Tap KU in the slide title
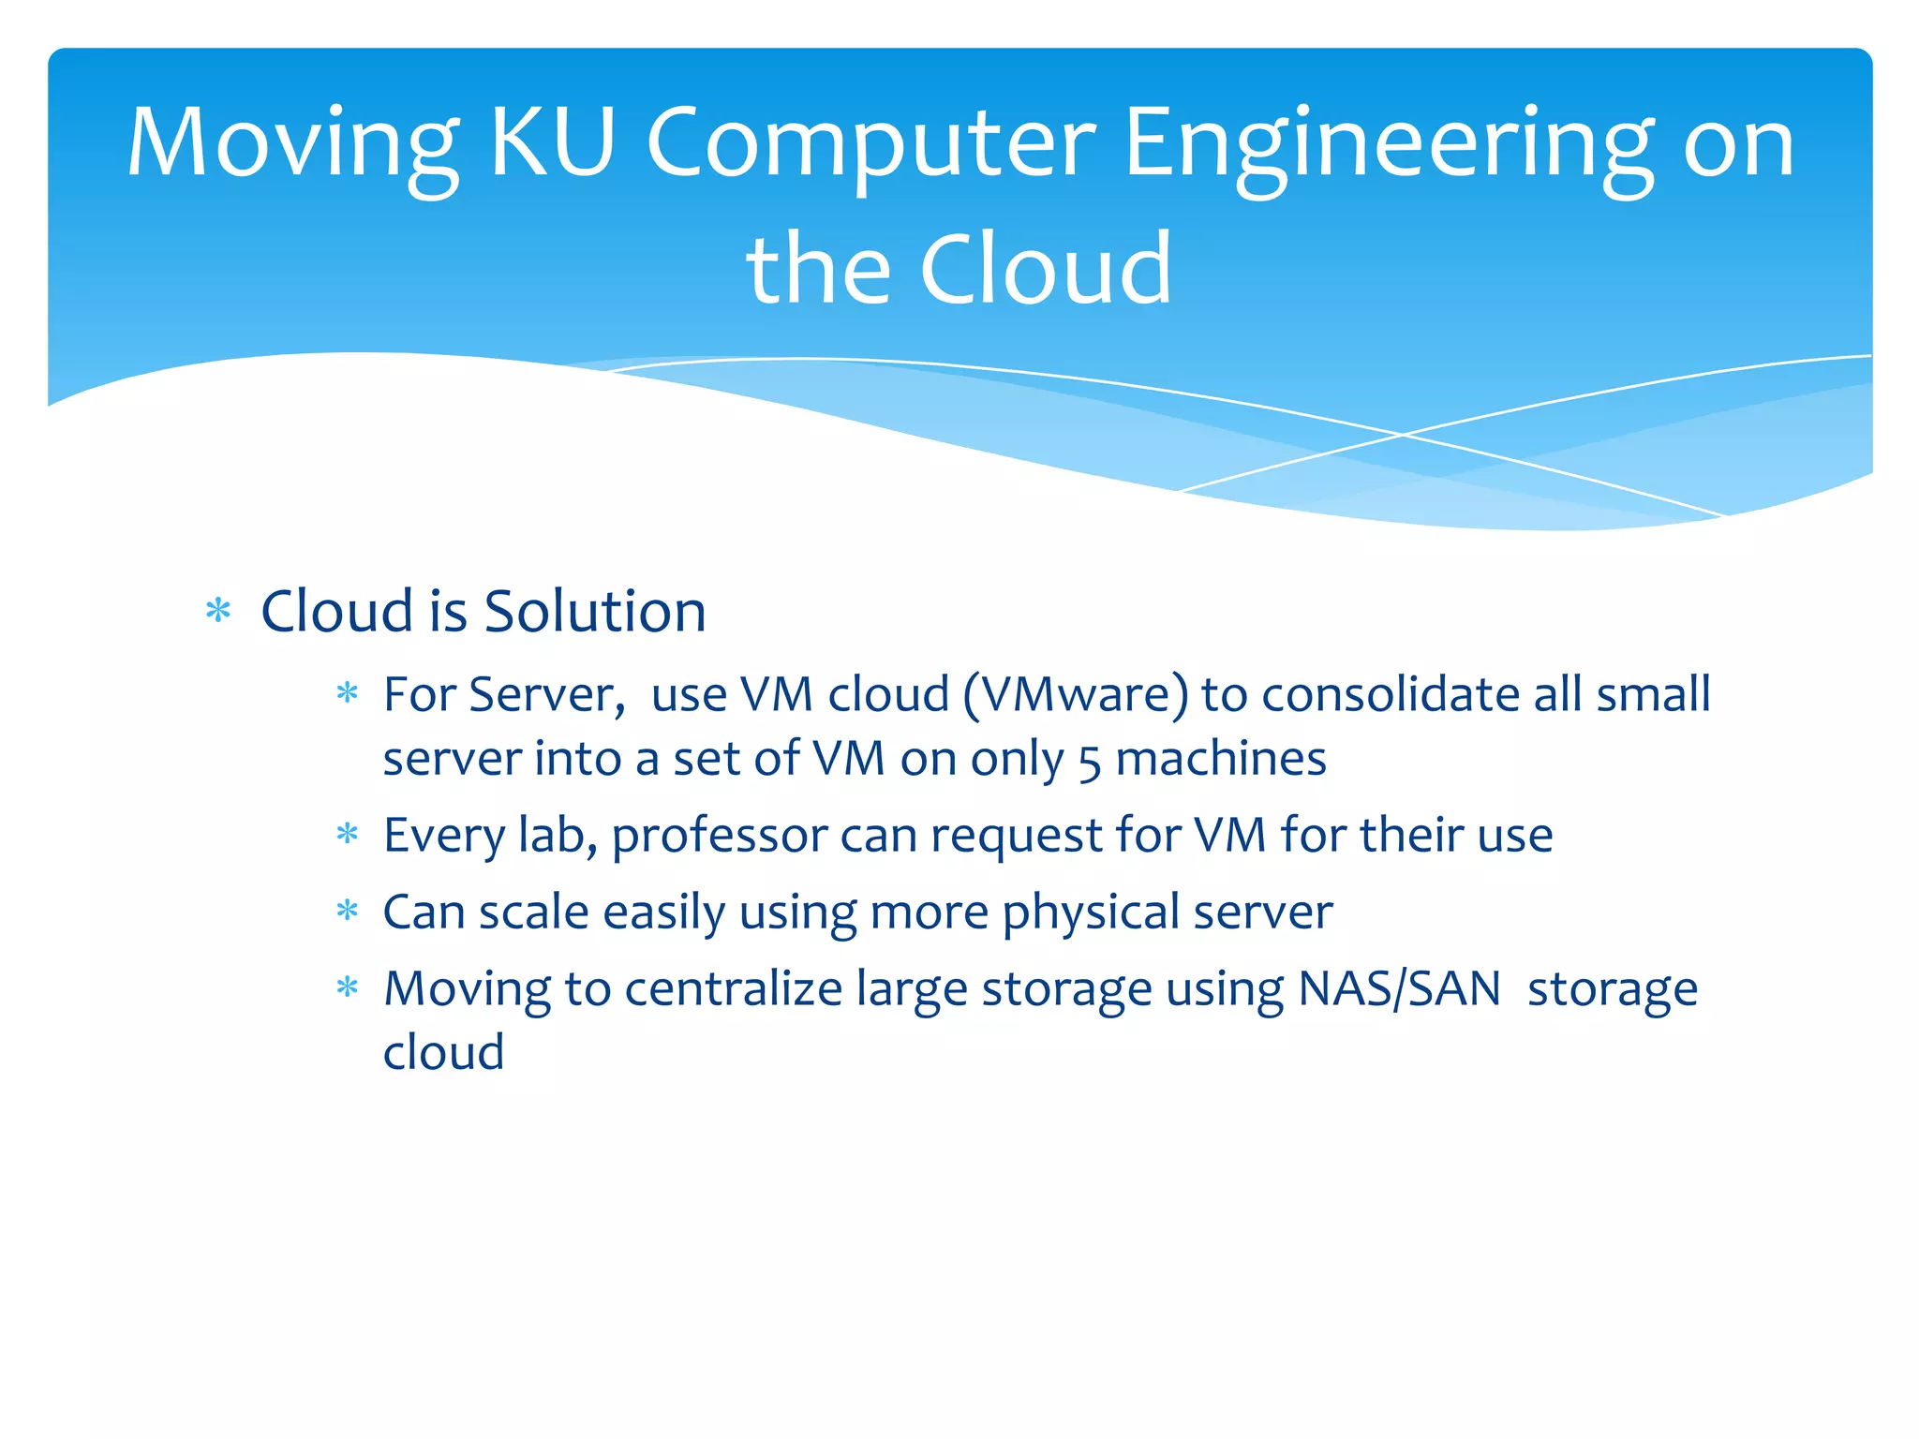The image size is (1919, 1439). pyautogui.click(x=552, y=142)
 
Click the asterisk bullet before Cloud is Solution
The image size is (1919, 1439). pyautogui.click(x=218, y=612)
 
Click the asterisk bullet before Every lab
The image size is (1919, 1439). pyautogui.click(x=348, y=834)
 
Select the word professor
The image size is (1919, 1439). pyautogui.click(x=720, y=836)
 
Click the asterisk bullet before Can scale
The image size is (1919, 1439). pyautogui.click(x=348, y=911)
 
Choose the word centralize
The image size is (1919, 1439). pyautogui.click(x=734, y=988)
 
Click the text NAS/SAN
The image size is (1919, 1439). pyautogui.click(x=1400, y=988)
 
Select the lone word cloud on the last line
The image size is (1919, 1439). pyautogui.click(x=443, y=1052)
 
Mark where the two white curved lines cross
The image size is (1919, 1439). pyautogui.click(x=1403, y=435)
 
